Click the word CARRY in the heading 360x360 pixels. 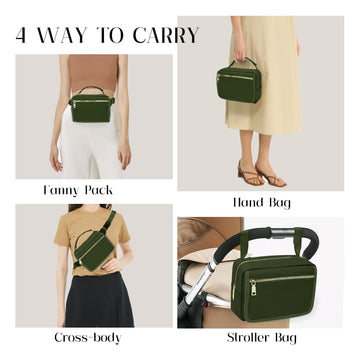165,35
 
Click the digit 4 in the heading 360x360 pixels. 23,35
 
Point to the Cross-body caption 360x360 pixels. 87,338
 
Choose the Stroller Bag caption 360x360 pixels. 265,338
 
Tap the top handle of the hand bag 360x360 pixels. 238,61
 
